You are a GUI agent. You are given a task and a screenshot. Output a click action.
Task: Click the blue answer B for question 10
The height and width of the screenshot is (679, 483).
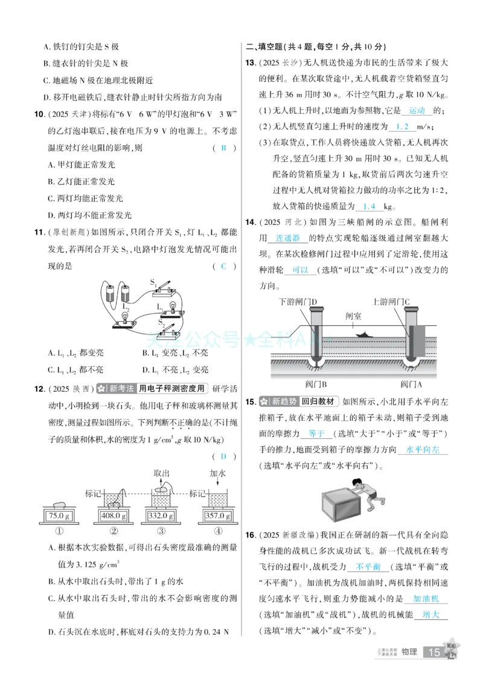tap(223, 148)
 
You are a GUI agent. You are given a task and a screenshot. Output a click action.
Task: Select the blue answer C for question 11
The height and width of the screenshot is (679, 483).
tap(223, 267)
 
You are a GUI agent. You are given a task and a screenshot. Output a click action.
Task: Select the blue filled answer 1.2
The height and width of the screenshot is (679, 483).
tap(400, 126)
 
